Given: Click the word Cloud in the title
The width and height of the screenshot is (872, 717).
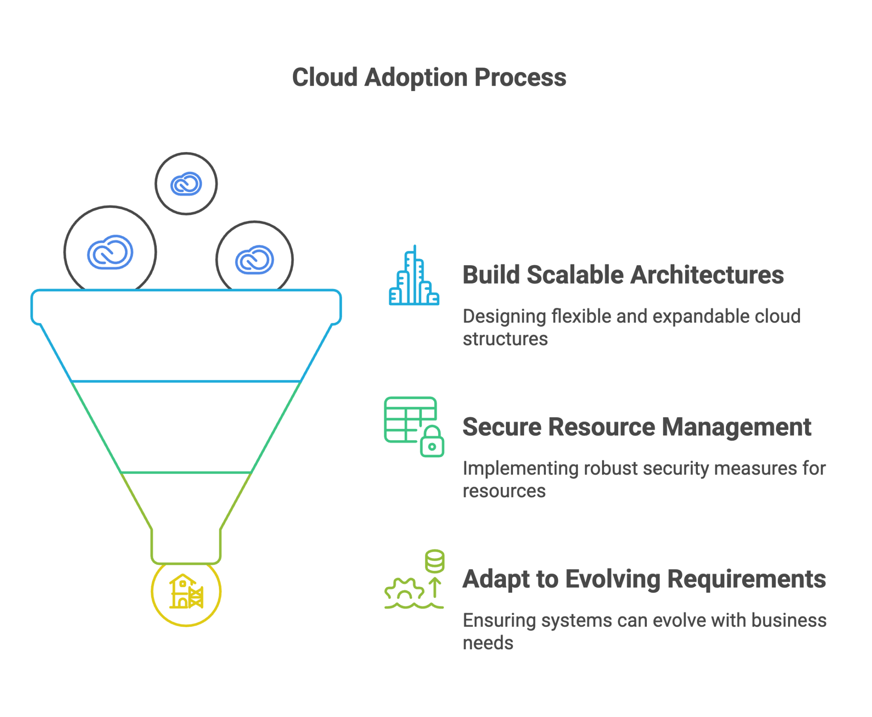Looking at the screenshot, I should [x=324, y=77].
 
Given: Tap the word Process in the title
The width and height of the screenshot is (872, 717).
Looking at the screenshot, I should [x=520, y=77].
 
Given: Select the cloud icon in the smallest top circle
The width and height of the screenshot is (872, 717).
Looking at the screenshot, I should [x=186, y=184].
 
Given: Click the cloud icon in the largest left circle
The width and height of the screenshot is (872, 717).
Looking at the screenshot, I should [x=110, y=252].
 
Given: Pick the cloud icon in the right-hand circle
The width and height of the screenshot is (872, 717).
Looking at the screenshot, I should [x=254, y=259].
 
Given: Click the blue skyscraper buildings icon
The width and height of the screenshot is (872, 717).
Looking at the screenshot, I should [x=413, y=277].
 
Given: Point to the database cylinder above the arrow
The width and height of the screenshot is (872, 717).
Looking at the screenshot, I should [x=434, y=561].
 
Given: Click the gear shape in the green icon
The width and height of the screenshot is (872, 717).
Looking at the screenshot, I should [x=404, y=591].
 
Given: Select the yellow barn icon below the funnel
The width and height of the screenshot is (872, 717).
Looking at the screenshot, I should [x=186, y=592].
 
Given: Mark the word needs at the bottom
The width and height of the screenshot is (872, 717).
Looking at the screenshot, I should [x=488, y=643].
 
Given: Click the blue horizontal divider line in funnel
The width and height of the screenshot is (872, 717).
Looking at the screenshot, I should [x=186, y=381].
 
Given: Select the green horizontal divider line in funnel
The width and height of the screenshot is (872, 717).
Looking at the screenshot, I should [x=186, y=472].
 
